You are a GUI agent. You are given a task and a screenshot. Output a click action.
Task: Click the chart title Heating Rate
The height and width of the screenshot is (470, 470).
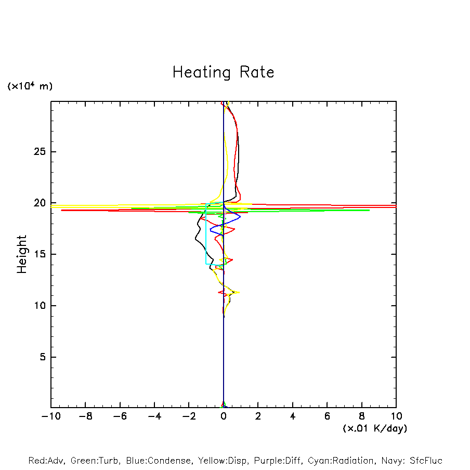click(223, 72)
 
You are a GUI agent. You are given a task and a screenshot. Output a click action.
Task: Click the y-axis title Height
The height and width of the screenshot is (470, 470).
click(22, 254)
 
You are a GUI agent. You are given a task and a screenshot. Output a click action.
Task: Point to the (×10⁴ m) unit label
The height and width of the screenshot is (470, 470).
click(30, 86)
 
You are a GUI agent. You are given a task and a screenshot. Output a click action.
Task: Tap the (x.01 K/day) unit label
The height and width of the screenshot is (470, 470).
click(374, 428)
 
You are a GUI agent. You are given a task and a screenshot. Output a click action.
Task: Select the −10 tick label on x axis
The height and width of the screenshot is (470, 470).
click(50, 416)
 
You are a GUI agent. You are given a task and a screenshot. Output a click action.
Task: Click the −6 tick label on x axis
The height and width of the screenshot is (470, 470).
click(120, 416)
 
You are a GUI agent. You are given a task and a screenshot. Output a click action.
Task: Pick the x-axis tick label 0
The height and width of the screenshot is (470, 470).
click(224, 416)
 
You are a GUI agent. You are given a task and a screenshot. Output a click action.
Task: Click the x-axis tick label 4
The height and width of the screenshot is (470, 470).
click(293, 416)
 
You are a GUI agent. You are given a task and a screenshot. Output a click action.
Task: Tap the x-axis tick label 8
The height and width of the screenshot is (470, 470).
click(362, 416)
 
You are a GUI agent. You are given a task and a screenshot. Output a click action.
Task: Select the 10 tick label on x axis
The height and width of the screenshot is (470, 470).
click(396, 416)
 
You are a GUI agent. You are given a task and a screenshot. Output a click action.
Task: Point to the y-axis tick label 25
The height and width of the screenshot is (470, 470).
click(37, 152)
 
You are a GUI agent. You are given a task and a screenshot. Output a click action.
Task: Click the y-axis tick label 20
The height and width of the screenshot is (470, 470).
click(37, 203)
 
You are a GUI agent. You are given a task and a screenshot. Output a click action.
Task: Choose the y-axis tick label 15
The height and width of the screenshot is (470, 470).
click(37, 254)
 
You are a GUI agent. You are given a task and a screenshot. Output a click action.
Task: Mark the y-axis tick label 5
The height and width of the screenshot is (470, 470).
click(40, 357)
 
